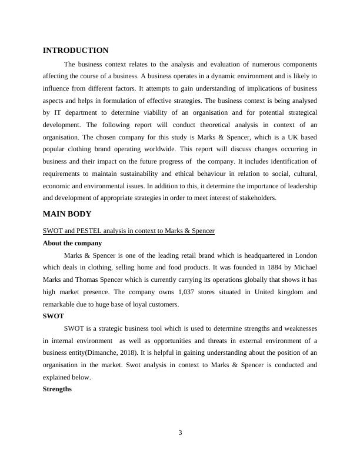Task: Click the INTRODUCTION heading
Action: pos(76,51)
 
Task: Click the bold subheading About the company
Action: pos(72,243)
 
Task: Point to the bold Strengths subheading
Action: pos(58,389)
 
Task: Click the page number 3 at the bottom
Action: pos(180,434)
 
